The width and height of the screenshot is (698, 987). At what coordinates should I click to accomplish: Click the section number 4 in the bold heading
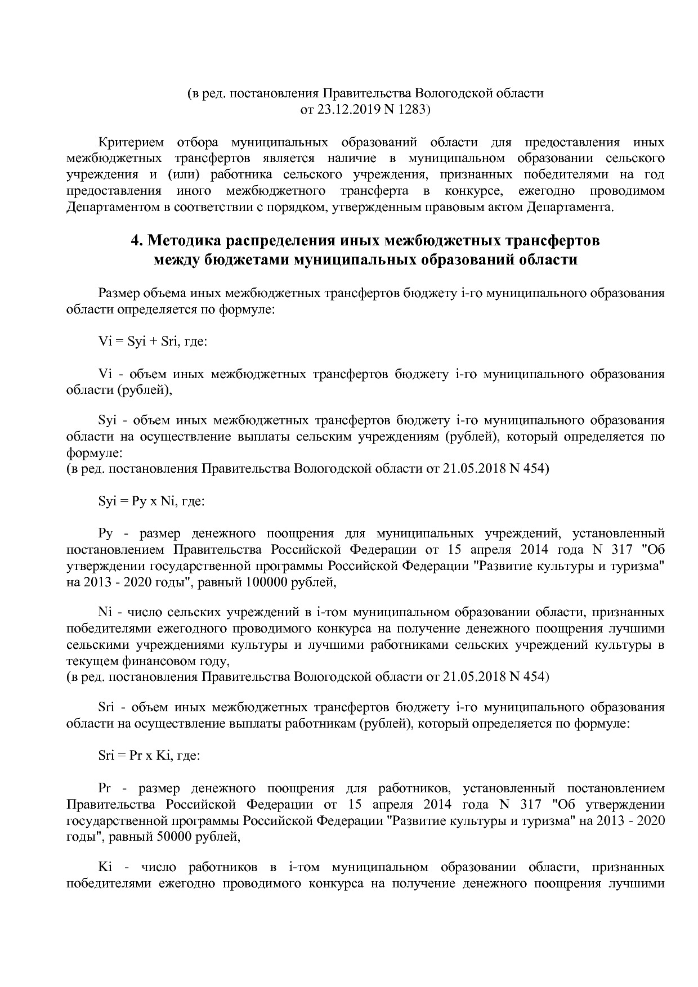[136, 241]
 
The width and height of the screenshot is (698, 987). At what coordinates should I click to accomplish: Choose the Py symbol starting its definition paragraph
[106, 533]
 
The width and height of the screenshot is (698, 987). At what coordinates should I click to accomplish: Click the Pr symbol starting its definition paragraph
[105, 788]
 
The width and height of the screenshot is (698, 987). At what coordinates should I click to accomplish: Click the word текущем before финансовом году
[89, 661]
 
